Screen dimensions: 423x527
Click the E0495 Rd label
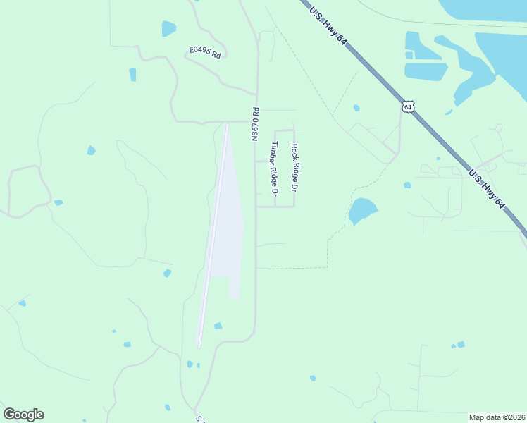click(205, 53)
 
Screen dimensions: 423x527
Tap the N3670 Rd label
click(256, 124)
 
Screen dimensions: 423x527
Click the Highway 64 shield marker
click(408, 107)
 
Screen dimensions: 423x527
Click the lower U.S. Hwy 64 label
click(488, 189)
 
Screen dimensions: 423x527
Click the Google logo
click(23, 415)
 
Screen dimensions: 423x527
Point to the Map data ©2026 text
click(497, 417)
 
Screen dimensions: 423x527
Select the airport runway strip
click(214, 233)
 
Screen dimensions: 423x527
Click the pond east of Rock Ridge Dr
click(362, 210)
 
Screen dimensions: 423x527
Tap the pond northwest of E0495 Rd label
click(168, 28)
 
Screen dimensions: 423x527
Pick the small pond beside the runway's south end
click(218, 326)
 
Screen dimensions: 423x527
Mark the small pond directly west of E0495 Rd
click(132, 74)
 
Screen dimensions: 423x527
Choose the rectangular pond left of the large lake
click(426, 71)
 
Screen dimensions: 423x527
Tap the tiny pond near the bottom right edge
click(460, 344)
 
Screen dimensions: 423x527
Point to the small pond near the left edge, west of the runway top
click(91, 150)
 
